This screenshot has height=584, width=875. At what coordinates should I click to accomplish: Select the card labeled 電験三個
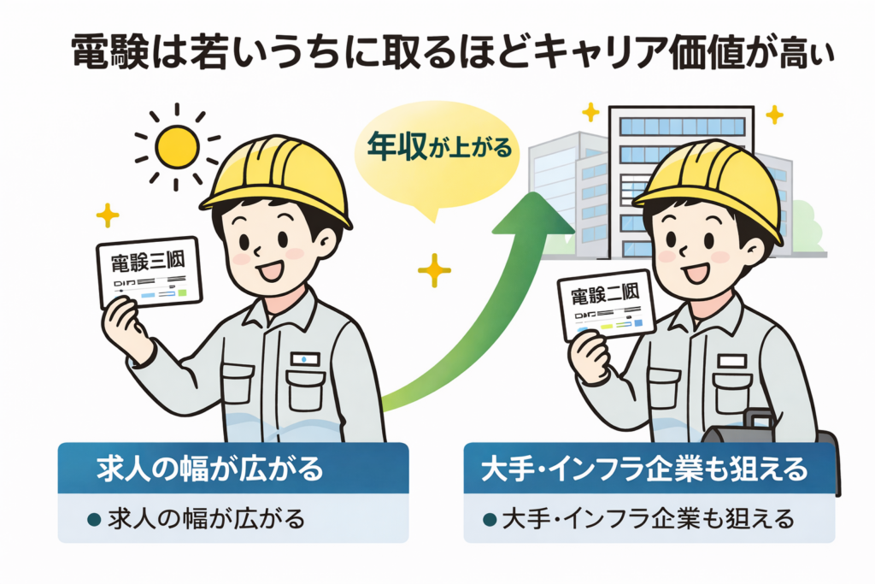(149, 272)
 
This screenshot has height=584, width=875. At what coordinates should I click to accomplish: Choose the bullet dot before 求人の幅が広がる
(96, 519)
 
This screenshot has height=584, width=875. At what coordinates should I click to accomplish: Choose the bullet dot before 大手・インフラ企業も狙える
(490, 519)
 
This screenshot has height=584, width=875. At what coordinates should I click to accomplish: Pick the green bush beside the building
(806, 227)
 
